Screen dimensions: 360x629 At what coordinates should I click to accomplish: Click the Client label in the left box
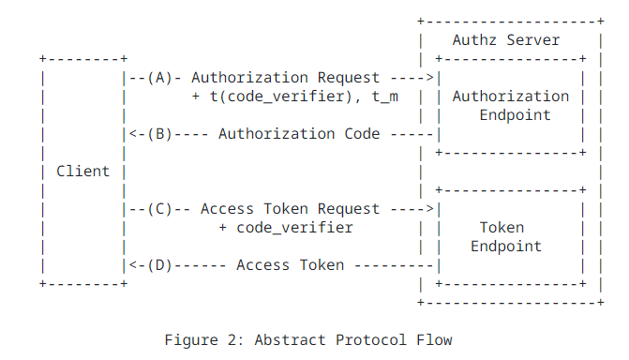[x=82, y=171]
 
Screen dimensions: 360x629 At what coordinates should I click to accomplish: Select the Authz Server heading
[x=505, y=39]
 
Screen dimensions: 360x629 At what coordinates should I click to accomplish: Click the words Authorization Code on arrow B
[x=299, y=134]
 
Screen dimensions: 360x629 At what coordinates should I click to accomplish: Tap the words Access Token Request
[x=291, y=209]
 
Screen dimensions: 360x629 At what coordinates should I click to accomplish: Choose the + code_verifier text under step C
[x=286, y=228]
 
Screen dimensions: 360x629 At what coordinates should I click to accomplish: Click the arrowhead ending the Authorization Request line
[x=430, y=78]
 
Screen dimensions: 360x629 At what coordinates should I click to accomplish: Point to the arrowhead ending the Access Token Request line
[x=430, y=209]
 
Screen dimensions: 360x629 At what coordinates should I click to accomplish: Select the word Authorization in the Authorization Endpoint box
[x=510, y=97]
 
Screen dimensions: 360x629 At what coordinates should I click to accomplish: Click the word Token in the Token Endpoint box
[x=502, y=228]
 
